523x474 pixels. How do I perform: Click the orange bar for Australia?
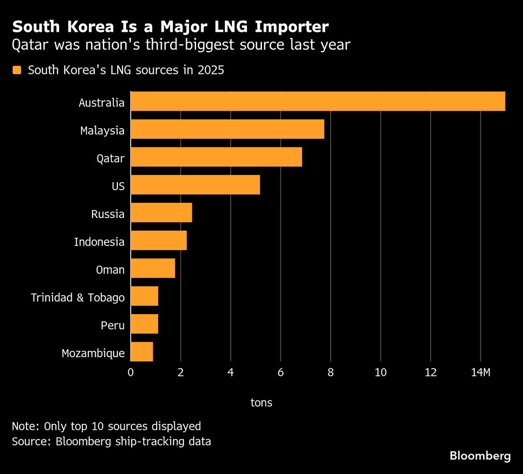[318, 101]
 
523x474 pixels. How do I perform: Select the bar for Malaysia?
[227, 129]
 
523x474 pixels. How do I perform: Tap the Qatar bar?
[216, 157]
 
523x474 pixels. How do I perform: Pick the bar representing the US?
[195, 185]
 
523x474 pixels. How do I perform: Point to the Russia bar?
[161, 213]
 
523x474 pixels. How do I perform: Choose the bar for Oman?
[153, 268]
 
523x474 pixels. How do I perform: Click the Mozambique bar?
[142, 352]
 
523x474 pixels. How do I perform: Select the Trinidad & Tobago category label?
[78, 297]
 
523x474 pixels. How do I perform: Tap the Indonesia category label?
[99, 242]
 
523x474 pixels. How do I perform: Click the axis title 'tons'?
[261, 402]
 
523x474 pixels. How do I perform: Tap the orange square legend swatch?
[17, 70]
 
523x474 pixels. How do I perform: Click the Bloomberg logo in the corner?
[480, 456]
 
